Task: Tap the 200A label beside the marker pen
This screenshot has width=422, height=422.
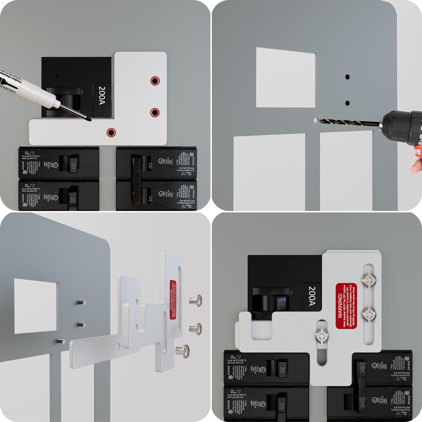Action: (x=102, y=95)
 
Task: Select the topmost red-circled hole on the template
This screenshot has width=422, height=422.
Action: (x=154, y=81)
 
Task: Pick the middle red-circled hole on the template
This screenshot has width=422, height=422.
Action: (x=154, y=113)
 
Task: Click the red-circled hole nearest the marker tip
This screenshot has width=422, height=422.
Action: (x=111, y=132)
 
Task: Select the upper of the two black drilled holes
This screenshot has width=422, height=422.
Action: (x=347, y=77)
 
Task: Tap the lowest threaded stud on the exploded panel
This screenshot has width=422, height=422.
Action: (x=60, y=341)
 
